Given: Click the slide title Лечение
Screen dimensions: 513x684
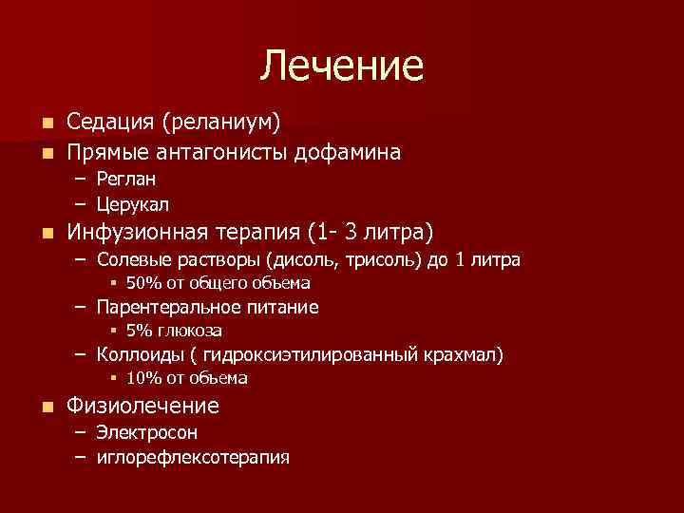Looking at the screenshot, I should tap(342, 66).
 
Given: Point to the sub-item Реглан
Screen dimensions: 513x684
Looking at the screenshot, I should tap(126, 179).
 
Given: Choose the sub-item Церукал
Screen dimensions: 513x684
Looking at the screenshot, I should tap(133, 204).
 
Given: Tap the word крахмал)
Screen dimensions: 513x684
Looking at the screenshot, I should tap(465, 354).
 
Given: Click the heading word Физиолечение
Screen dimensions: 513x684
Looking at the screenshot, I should tap(142, 407).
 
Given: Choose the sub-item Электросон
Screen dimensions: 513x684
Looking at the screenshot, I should tap(146, 432).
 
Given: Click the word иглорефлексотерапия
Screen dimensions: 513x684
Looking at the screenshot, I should tap(193, 457).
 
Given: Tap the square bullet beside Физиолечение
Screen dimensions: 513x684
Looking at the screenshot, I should tap(47, 408).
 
